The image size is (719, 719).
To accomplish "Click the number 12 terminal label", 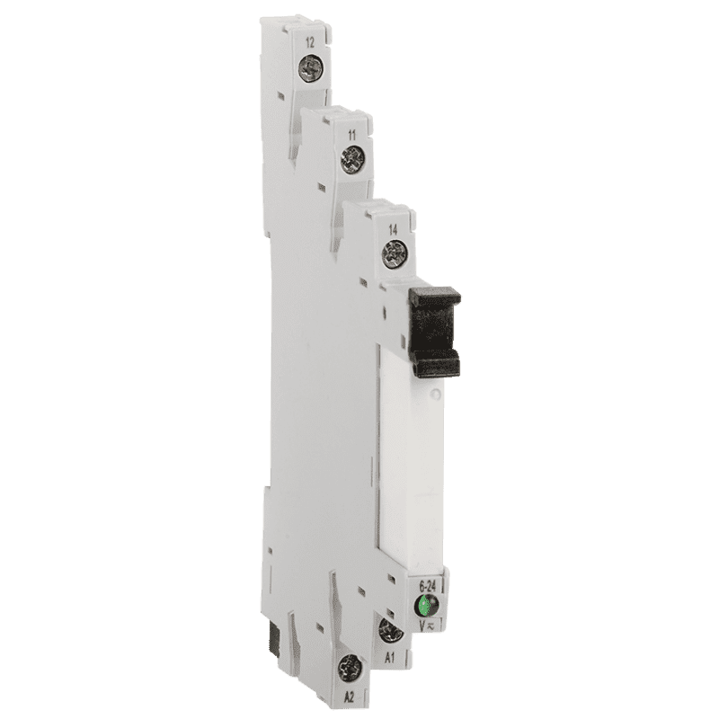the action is pyautogui.click(x=310, y=43).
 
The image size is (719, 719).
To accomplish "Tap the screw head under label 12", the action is pyautogui.click(x=310, y=68).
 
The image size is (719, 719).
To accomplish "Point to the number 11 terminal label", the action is pyautogui.click(x=352, y=136).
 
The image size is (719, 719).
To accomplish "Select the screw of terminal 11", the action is pyautogui.click(x=352, y=160).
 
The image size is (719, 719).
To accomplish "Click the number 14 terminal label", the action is pyautogui.click(x=393, y=230).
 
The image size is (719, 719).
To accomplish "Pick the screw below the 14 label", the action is pyautogui.click(x=395, y=254).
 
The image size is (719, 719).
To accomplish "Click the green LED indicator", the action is pyautogui.click(x=426, y=605).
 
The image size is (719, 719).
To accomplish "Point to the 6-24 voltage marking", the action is pyautogui.click(x=428, y=586).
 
